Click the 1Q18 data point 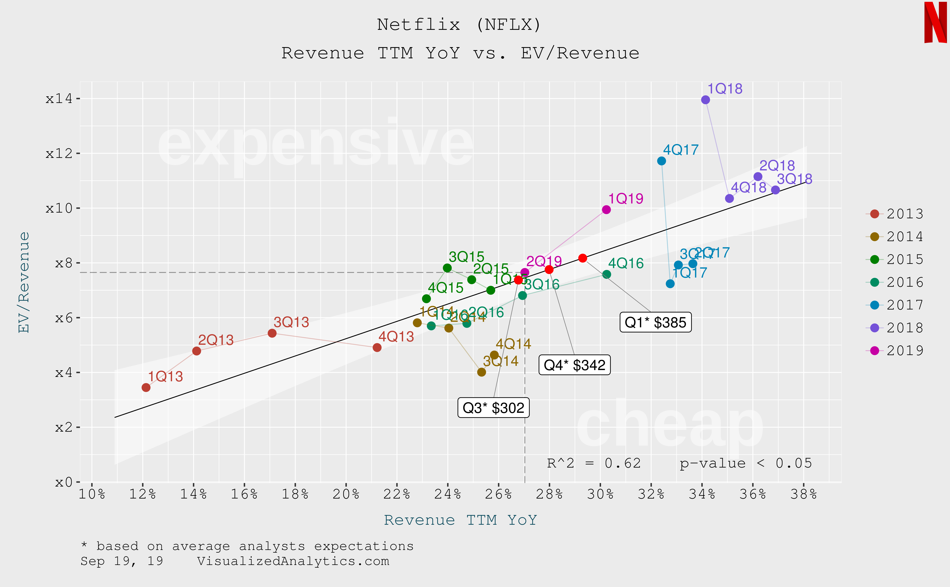(x=705, y=100)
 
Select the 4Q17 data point (x=662, y=161)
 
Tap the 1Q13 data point (x=146, y=388)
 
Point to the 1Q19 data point (x=606, y=210)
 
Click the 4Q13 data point (x=377, y=347)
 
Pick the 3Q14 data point (x=481, y=372)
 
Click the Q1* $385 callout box (x=655, y=322)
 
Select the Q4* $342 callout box (x=575, y=365)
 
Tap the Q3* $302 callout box (x=493, y=408)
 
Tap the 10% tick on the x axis (x=92, y=494)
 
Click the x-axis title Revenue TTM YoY (x=460, y=520)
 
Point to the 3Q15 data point (x=447, y=268)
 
